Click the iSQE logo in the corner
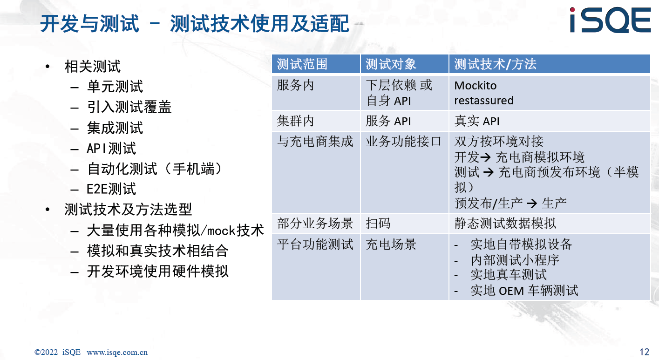click(x=610, y=20)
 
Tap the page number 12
click(x=644, y=352)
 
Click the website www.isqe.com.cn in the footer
click(x=117, y=352)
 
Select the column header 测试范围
click(x=302, y=64)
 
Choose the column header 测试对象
click(x=391, y=64)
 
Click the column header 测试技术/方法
click(x=495, y=64)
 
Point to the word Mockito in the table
click(x=476, y=86)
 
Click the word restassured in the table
click(x=484, y=101)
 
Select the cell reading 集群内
click(x=295, y=121)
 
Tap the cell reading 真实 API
click(x=477, y=121)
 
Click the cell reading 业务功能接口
click(x=403, y=142)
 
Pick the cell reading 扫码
click(x=378, y=223)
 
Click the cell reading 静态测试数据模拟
click(x=505, y=223)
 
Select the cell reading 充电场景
click(x=391, y=244)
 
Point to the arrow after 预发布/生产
click(x=531, y=203)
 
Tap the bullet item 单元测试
click(x=115, y=87)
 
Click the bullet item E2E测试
click(x=111, y=189)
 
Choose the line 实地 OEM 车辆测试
click(x=524, y=291)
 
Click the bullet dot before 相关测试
click(x=48, y=66)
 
